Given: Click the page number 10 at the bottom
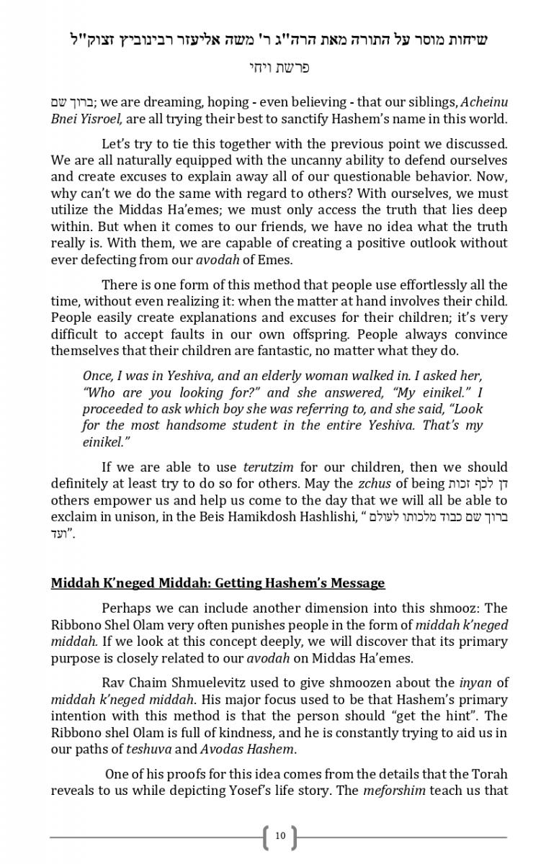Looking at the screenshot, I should pos(279,836).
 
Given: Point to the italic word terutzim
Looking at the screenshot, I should pos(268,467).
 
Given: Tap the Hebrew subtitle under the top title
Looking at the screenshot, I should pos(279,68).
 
